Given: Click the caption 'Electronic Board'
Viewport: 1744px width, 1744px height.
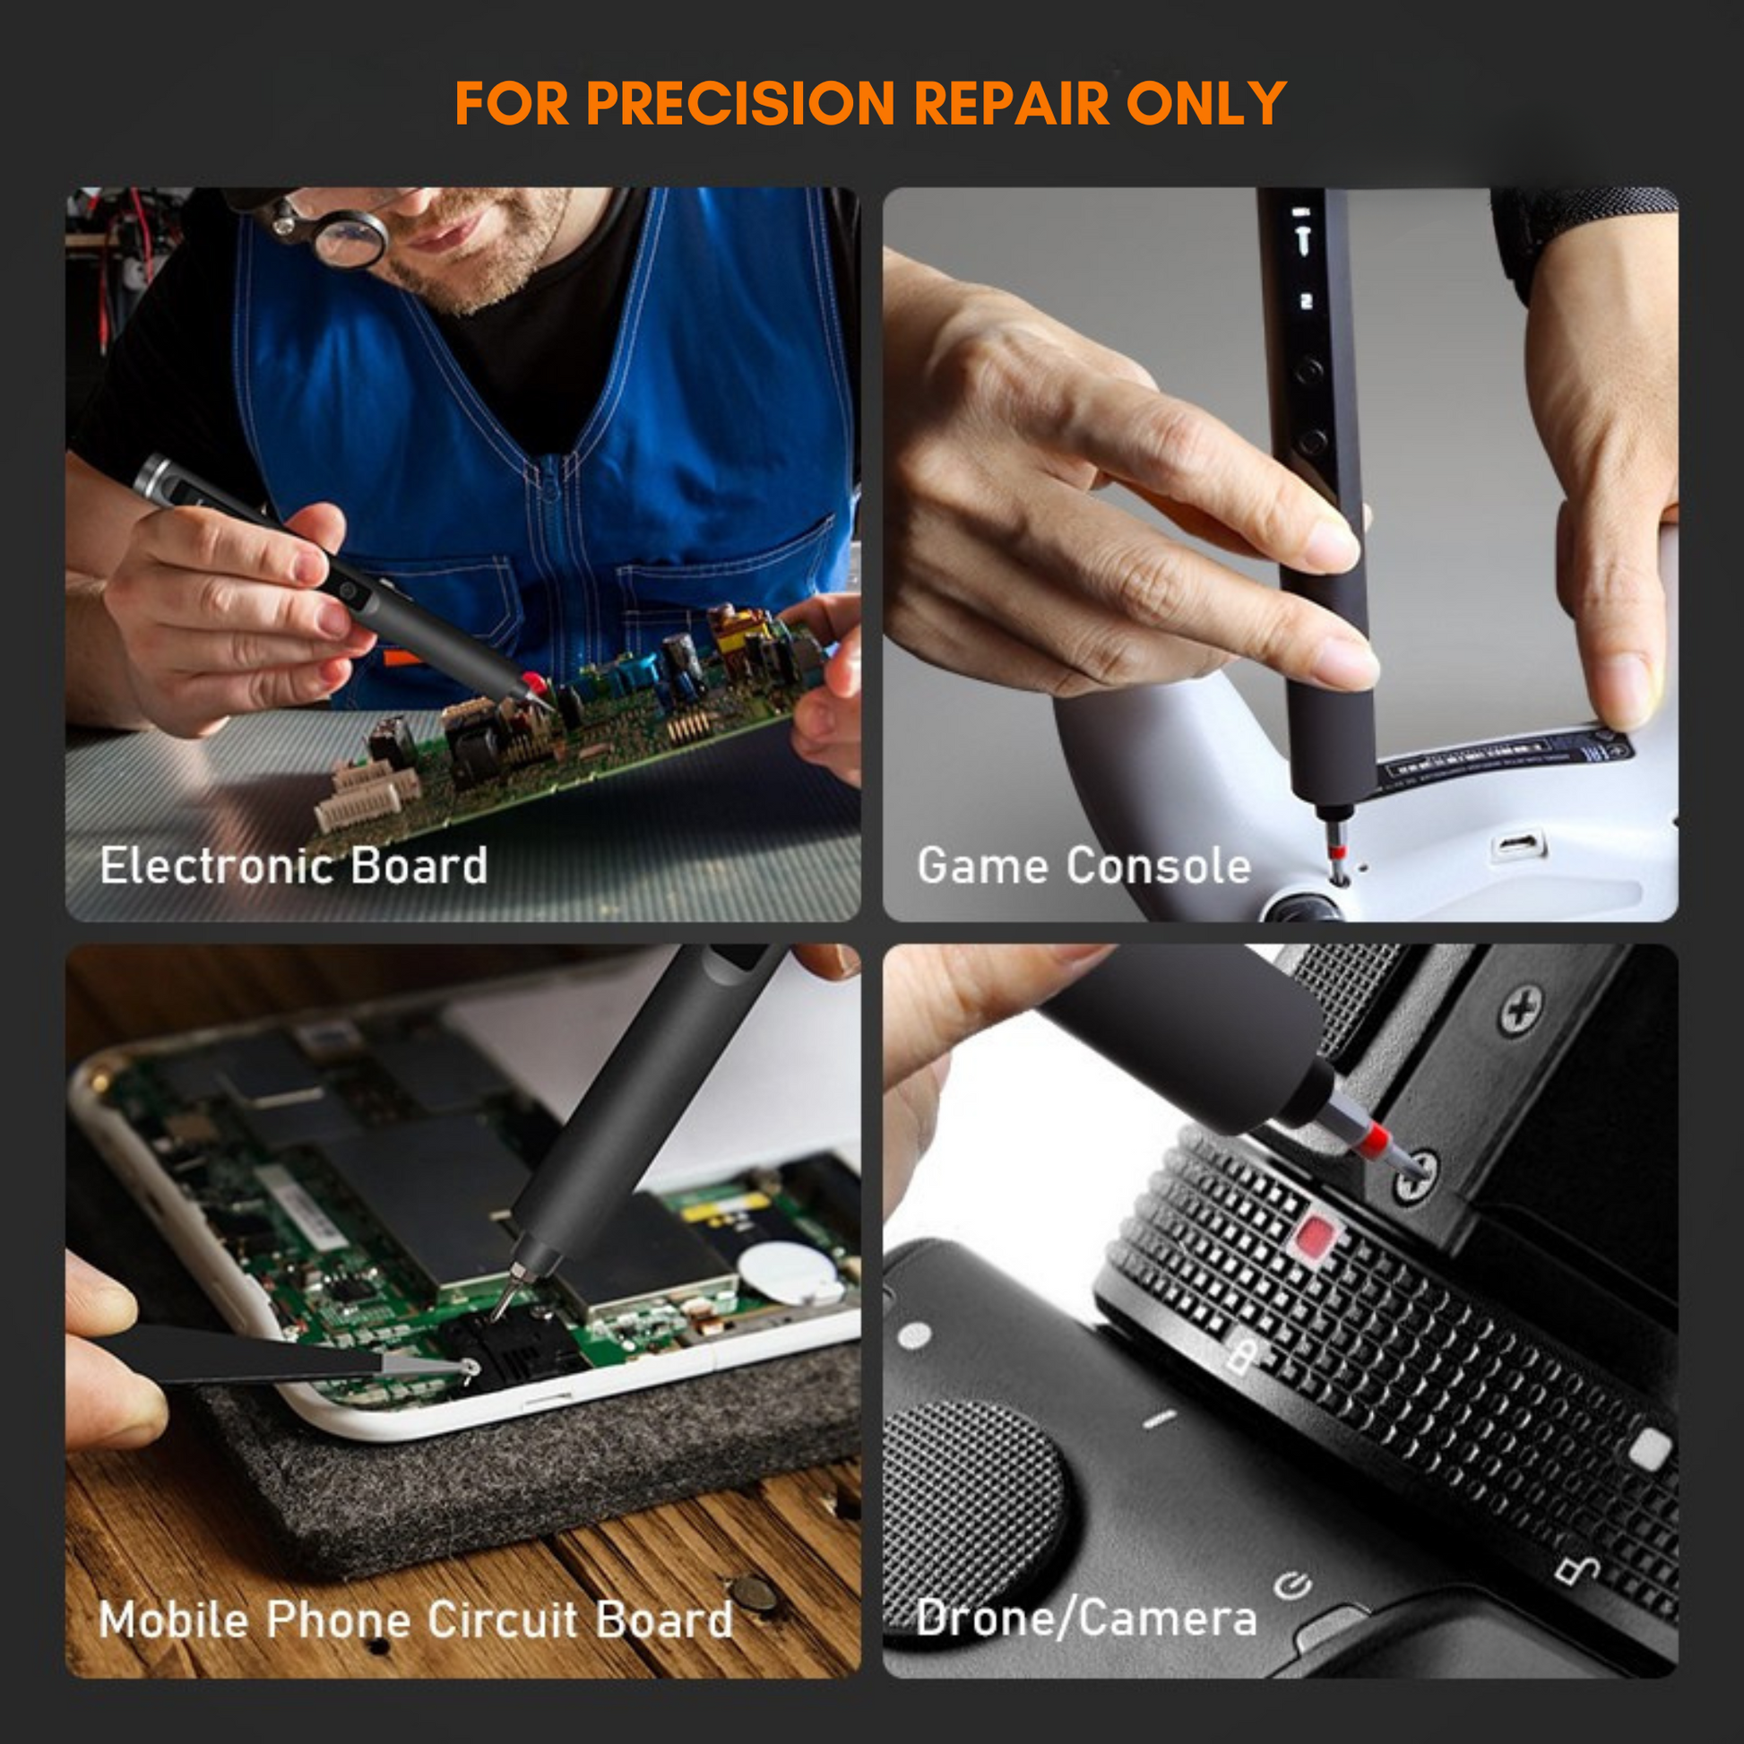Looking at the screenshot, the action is click(293, 866).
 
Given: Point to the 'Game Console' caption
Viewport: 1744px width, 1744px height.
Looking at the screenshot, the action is click(1084, 866).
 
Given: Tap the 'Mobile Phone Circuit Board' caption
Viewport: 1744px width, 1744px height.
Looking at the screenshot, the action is click(415, 1619).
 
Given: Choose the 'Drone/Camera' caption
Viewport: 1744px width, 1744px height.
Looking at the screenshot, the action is click(1086, 1618).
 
